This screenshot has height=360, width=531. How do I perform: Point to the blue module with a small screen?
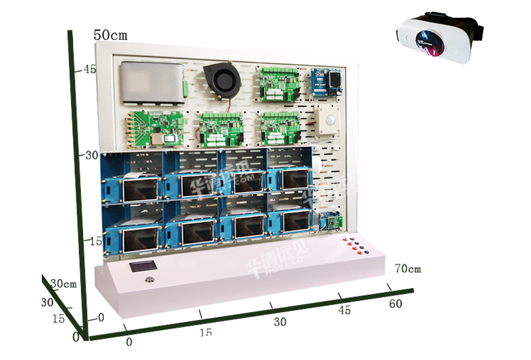pos(328,83)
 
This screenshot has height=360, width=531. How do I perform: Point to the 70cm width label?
pos(408,269)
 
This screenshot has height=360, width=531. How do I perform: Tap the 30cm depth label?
pos(64,284)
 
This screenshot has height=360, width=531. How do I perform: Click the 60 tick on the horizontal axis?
pos(396,304)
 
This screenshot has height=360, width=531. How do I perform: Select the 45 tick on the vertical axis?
pos(88,68)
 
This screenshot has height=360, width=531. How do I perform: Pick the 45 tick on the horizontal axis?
pos(344,310)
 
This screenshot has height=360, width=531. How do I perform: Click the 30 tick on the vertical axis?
pos(90,154)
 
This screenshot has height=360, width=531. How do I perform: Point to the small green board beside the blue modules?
pos(329,221)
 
